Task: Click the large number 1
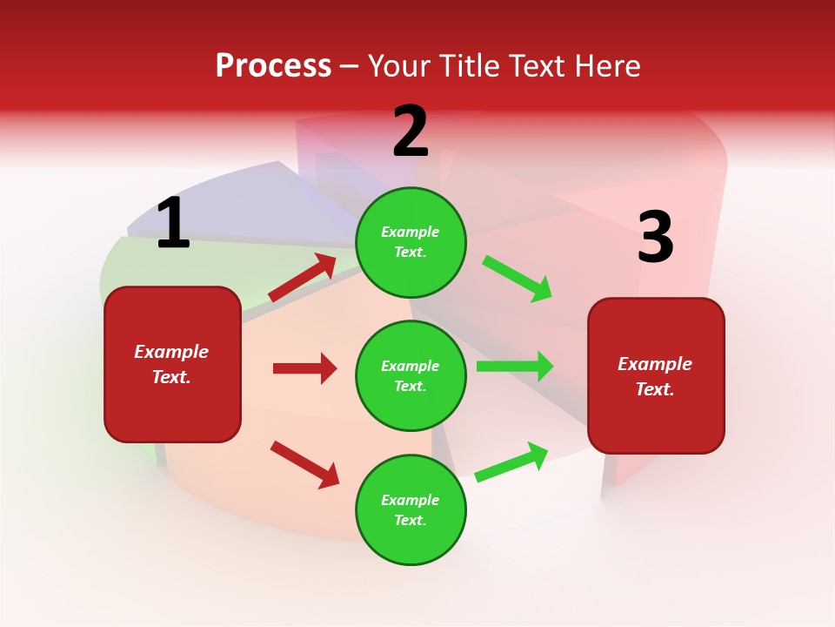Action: pos(173,224)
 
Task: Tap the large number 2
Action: pos(411,132)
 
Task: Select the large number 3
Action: pos(655,238)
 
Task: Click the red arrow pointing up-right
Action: pos(303,278)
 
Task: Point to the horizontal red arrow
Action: pos(304,368)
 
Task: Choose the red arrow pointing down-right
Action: pos(304,464)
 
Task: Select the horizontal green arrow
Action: pos(515,367)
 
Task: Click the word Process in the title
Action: pos(273,65)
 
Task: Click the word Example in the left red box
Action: pos(171,352)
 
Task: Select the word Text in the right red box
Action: pos(653,389)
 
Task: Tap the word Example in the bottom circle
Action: pos(411,500)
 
